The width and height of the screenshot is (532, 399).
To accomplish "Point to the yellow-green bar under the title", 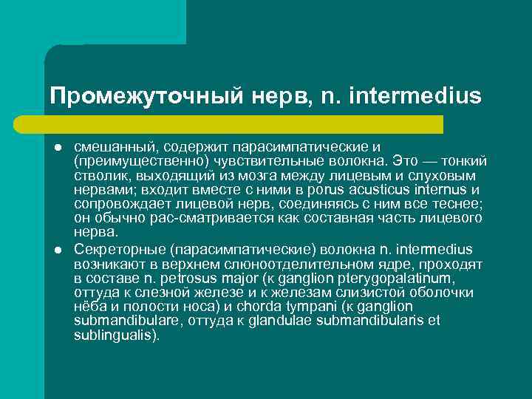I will [244, 124].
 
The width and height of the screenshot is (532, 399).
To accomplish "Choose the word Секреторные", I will [115, 248].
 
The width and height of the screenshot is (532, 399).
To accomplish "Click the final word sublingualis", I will [115, 335].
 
